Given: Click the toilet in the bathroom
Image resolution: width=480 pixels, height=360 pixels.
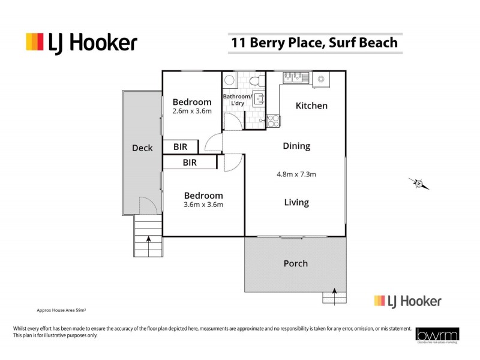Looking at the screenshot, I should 254,80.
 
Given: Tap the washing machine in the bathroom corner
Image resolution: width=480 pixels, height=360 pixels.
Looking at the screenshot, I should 229,80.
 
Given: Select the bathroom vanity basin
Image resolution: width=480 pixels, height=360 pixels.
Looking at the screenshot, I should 259,99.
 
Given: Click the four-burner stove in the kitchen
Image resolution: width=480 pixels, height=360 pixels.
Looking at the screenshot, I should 272,121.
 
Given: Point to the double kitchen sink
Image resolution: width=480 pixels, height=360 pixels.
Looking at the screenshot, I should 292,77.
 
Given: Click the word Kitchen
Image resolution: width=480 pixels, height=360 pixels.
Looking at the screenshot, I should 311,106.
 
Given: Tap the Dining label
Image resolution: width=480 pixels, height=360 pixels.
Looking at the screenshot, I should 296,146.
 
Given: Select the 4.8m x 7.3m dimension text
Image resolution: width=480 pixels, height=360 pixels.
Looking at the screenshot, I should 296,175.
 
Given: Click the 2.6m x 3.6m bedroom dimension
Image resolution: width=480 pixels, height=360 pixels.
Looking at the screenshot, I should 192,111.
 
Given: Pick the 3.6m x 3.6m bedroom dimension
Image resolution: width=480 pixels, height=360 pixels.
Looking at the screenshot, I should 203,205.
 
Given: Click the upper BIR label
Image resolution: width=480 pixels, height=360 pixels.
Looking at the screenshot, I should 180,146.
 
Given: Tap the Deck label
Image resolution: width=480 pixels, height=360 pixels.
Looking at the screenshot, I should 142,148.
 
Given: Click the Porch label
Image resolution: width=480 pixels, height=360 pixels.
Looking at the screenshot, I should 295,263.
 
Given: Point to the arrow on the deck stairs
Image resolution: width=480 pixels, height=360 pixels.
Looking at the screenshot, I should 148,243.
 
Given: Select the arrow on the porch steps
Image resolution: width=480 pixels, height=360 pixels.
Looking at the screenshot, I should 335,295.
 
